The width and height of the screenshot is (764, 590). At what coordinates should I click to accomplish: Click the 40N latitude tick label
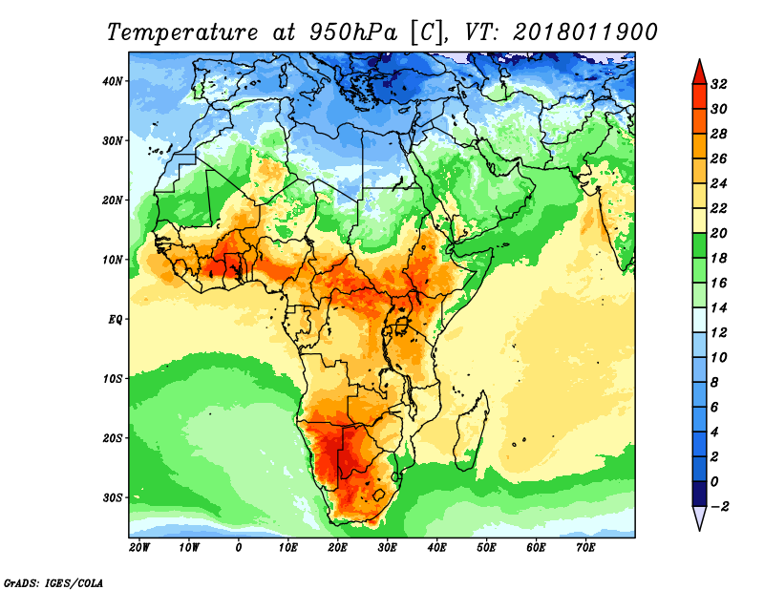tap(113, 81)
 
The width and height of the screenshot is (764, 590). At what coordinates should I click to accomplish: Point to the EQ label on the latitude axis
tap(116, 320)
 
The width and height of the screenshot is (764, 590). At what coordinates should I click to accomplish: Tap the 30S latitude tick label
tap(113, 498)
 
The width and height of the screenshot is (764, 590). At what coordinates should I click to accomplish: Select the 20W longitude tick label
tap(139, 548)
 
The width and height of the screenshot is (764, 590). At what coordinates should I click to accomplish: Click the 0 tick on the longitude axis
tap(238, 548)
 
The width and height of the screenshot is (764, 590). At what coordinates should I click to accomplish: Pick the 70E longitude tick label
tap(585, 548)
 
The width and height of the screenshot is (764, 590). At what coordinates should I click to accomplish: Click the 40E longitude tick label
tap(436, 548)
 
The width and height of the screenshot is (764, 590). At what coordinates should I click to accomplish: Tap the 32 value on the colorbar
tap(719, 84)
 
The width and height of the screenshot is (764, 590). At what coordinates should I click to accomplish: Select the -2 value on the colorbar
tap(720, 506)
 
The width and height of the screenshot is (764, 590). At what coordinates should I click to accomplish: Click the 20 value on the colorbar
tap(719, 233)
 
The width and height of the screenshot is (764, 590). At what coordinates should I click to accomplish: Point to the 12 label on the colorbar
tap(719, 333)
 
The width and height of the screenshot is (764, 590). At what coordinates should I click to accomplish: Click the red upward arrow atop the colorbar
tap(699, 73)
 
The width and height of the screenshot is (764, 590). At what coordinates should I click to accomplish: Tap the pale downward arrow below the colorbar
tap(699, 517)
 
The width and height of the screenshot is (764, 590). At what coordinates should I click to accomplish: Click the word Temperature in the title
tap(182, 32)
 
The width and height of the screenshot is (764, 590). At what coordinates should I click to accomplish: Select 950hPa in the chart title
tap(352, 32)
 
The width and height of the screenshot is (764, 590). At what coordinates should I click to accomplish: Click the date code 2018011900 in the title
tap(585, 32)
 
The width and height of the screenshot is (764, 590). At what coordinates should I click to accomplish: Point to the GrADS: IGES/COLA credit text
tap(53, 582)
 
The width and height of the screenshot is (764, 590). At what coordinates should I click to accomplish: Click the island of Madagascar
tap(472, 432)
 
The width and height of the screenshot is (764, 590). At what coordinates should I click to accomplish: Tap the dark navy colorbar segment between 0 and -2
tap(699, 494)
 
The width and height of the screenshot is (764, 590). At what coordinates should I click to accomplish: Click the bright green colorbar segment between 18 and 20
tap(699, 245)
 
